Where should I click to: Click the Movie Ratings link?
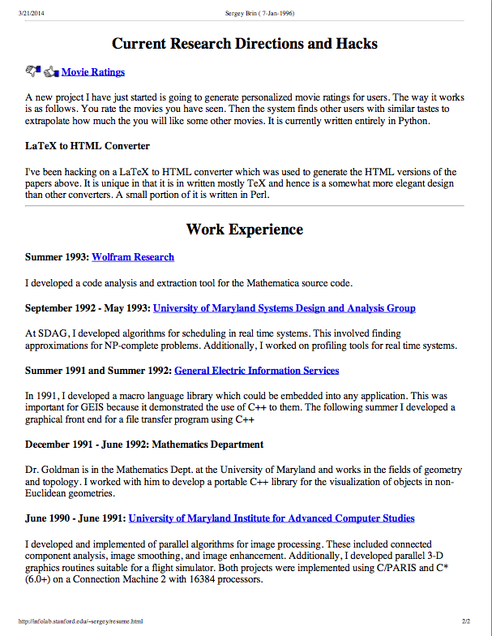[x=93, y=72]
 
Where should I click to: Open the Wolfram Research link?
[x=133, y=257]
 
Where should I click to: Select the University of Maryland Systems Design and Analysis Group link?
[x=284, y=308]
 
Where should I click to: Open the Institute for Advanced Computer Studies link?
[x=272, y=518]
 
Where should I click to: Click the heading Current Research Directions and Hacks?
[x=245, y=43]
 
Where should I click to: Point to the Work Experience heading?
[x=245, y=230]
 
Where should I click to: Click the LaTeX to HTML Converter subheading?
[x=88, y=146]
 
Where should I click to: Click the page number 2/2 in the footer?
[x=466, y=621]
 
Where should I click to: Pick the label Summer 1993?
[x=57, y=257]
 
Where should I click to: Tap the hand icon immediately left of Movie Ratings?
[x=52, y=71]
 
